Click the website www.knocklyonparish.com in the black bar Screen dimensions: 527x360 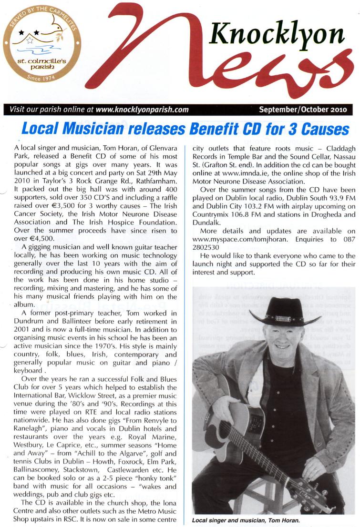(x=142, y=110)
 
